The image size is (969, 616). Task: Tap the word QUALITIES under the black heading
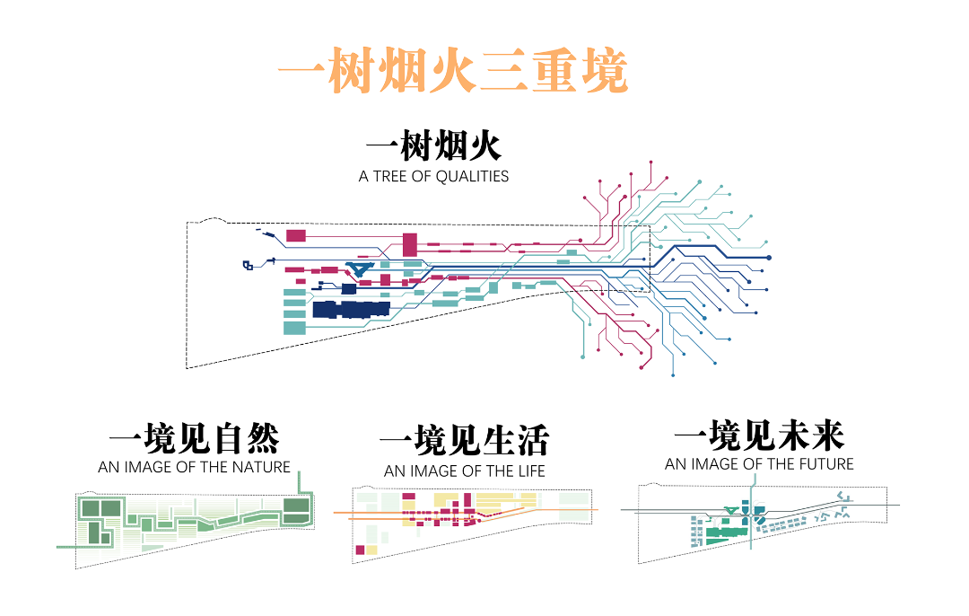472,176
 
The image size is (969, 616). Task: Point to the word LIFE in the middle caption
528,471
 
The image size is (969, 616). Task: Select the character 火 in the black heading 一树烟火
504,148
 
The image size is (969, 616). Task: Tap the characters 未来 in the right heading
800,436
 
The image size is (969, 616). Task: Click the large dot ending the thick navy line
770,258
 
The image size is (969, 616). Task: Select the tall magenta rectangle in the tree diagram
410,243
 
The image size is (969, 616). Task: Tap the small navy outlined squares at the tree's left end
249,264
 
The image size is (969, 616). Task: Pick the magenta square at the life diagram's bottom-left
361,550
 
